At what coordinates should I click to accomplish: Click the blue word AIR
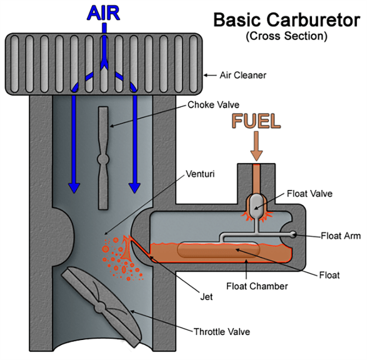[x=103, y=13]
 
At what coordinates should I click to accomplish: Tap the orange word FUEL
[x=256, y=121]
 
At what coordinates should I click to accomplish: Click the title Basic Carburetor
[x=287, y=20]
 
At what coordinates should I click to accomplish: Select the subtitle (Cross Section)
[x=286, y=36]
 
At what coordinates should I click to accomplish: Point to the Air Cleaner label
[x=243, y=76]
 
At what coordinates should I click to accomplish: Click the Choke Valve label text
[x=213, y=105]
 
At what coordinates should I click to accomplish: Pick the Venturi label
[x=200, y=174]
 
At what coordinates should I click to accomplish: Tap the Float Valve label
[x=309, y=194]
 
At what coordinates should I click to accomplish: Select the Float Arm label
[x=341, y=236]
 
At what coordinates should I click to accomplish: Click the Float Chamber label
[x=257, y=286]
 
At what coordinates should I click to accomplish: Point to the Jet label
[x=206, y=297]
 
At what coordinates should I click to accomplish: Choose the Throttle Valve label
[x=222, y=332]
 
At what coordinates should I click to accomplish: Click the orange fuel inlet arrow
[x=256, y=146]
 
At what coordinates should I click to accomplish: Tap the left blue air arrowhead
[x=74, y=188]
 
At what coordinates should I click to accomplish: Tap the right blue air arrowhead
[x=134, y=188]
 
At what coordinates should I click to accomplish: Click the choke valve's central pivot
[x=103, y=159]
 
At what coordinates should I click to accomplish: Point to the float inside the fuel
[x=219, y=250]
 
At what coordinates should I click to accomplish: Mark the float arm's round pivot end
[x=293, y=234]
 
